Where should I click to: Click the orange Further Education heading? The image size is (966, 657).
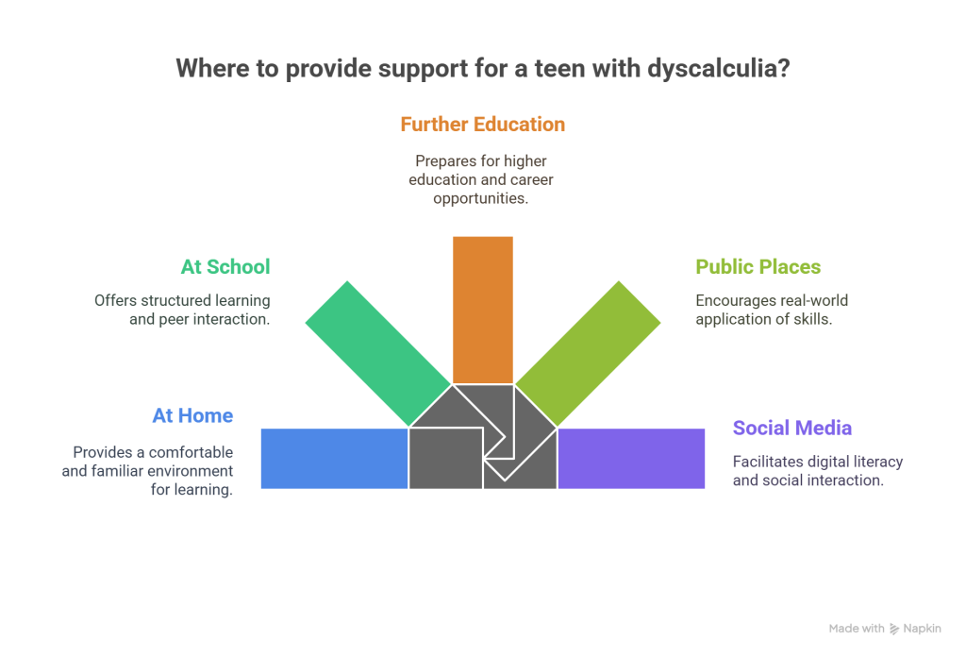[x=482, y=125]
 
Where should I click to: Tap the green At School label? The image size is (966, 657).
[x=225, y=267]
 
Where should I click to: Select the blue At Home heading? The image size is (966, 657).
[x=192, y=416]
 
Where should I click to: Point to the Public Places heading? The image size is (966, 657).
[x=758, y=267]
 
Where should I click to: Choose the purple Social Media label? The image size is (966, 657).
[x=792, y=429]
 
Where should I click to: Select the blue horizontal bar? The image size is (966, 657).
[x=333, y=458]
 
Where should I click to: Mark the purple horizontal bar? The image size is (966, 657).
[x=631, y=458]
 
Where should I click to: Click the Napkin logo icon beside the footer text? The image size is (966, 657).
[x=894, y=629]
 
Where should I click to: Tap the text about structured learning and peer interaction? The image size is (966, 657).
[x=182, y=310]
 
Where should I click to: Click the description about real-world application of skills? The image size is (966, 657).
[x=772, y=310]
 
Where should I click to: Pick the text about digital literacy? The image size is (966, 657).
[x=818, y=470]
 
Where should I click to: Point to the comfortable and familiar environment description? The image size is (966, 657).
[x=147, y=470]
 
